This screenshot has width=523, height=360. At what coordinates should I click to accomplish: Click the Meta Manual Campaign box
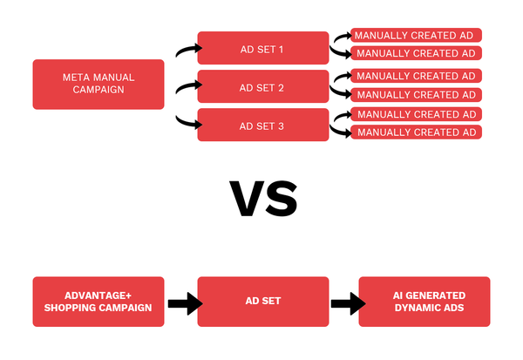tap(98, 85)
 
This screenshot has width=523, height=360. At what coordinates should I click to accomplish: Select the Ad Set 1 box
tap(262, 49)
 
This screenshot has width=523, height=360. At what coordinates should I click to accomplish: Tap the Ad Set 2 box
tap(262, 87)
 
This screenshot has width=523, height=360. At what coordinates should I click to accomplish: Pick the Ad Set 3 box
tap(262, 125)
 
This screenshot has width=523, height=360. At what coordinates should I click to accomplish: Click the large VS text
tap(262, 199)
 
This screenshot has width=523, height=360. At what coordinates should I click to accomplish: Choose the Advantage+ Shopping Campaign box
tap(98, 302)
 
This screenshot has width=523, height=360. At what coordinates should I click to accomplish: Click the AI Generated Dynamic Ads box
tap(425, 302)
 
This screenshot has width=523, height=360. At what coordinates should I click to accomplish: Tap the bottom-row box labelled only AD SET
tap(262, 302)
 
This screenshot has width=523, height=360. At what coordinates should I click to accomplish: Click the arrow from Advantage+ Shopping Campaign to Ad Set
tap(184, 303)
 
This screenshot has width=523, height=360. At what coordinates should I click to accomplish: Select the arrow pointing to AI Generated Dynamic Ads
tap(345, 303)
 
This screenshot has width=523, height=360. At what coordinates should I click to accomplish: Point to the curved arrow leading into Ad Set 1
tap(185, 50)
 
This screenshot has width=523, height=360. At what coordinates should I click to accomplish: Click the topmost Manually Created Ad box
tap(417, 36)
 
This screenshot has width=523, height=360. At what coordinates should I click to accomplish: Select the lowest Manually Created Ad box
tap(417, 132)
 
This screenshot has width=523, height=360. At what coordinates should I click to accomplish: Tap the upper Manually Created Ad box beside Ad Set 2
tap(417, 76)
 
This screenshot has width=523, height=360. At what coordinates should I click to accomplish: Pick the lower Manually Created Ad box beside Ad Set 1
tap(417, 54)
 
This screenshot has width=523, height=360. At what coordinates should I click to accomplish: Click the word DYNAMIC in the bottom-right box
tap(409, 309)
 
